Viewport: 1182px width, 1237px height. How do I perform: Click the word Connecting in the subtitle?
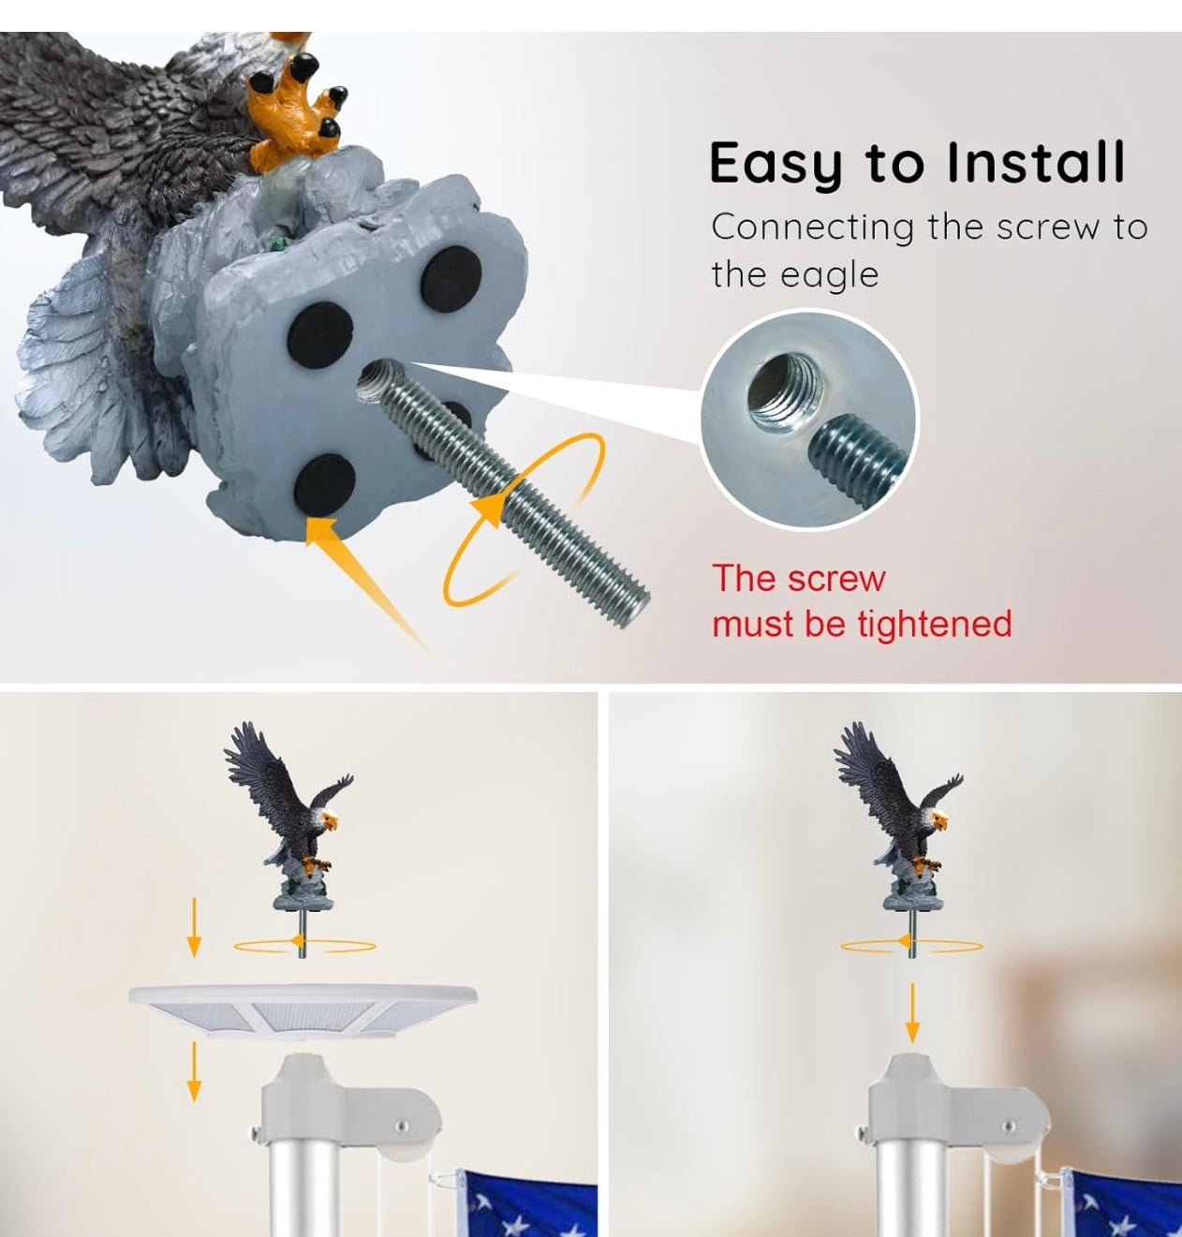tap(813, 228)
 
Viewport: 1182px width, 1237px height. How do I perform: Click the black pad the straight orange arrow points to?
tap(324, 484)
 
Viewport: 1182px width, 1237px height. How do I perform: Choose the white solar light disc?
tap(303, 1010)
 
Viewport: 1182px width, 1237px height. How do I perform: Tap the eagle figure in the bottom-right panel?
tap(898, 820)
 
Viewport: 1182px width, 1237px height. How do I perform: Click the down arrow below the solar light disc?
tap(194, 1071)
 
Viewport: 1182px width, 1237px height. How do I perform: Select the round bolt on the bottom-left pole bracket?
tap(402, 1127)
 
